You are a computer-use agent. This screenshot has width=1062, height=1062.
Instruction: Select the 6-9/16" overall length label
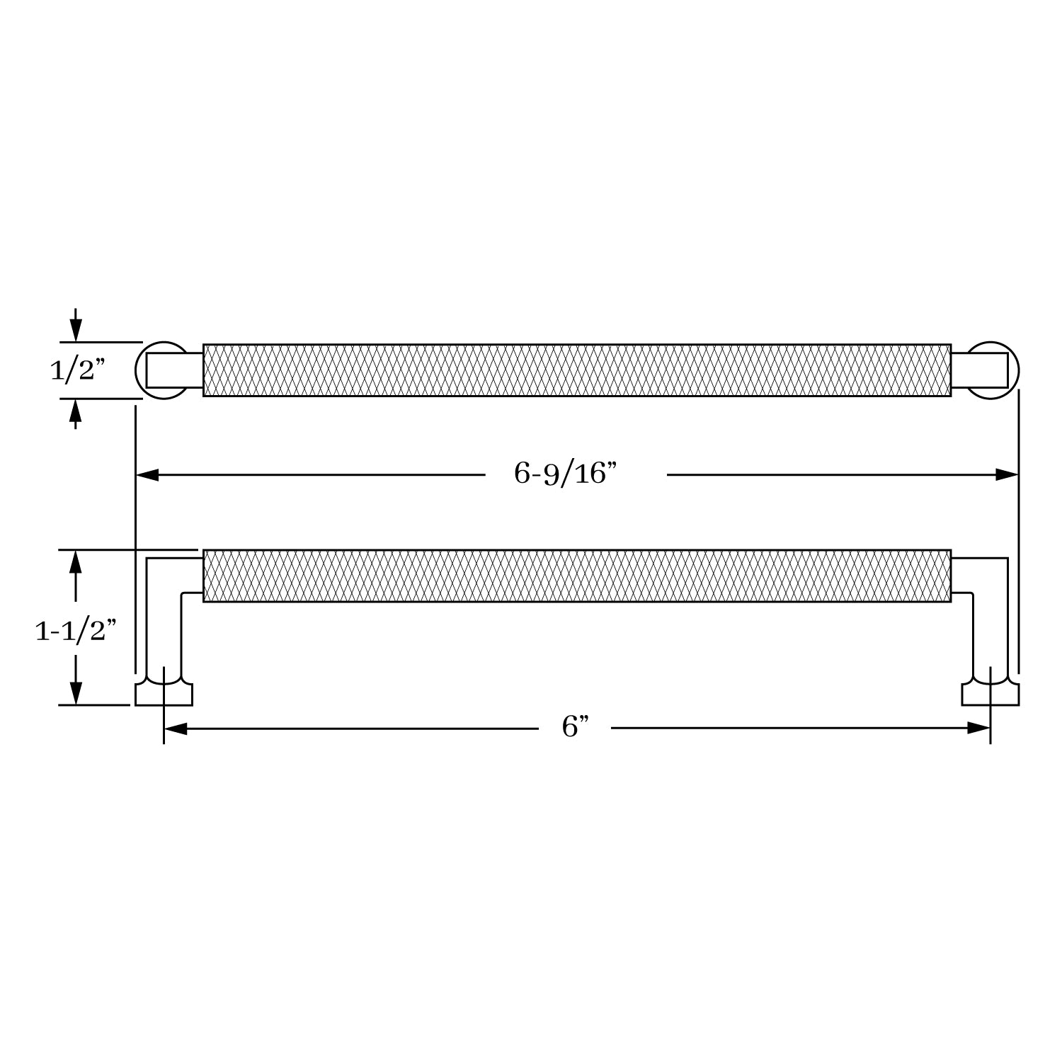click(x=566, y=474)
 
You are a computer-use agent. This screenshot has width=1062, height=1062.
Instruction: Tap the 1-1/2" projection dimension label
click(x=75, y=630)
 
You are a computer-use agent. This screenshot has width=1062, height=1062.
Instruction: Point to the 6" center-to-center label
click(x=575, y=727)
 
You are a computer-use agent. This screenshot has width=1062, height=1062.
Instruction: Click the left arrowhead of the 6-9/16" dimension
click(x=147, y=474)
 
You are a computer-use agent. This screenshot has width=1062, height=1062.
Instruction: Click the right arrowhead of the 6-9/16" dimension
click(x=1007, y=474)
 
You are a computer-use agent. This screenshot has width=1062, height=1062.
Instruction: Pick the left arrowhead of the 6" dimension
click(x=175, y=728)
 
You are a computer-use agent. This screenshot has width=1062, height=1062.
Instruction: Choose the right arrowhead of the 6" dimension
click(x=978, y=728)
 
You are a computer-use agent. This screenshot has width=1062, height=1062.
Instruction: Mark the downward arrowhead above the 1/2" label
click(x=76, y=330)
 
